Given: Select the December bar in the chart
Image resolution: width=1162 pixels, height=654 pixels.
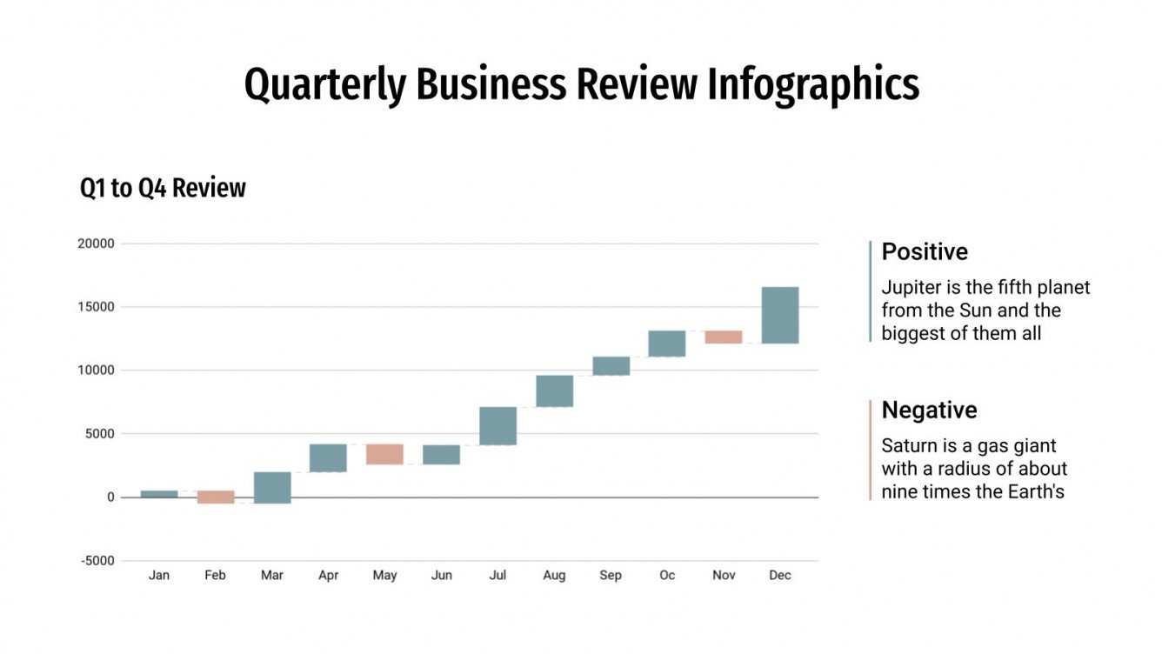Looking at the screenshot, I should (780, 315).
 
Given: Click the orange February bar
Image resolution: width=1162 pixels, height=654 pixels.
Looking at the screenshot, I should (216, 497).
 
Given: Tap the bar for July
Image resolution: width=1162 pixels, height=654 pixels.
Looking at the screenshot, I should (498, 426).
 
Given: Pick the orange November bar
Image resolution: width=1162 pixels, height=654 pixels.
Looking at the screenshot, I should (724, 337).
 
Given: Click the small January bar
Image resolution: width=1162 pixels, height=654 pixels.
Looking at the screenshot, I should (159, 494).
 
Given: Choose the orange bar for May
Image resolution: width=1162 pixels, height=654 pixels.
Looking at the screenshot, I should (384, 454).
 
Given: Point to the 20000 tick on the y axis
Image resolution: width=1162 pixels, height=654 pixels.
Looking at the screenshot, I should (97, 244).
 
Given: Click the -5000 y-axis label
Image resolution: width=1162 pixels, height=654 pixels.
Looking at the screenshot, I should (97, 561).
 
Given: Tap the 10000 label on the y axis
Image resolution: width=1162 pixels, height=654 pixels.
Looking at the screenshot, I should (97, 370).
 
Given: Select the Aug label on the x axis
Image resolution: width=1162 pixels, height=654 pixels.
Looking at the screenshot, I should (554, 576).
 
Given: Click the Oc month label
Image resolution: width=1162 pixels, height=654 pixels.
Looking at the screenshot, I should (667, 576).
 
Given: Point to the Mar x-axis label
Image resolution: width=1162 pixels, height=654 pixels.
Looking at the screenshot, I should (271, 576).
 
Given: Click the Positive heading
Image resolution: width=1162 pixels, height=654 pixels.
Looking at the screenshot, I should (925, 252).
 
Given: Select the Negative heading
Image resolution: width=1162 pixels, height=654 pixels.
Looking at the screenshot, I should (929, 410).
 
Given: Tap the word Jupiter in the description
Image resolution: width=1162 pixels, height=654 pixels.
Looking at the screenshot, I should (910, 288).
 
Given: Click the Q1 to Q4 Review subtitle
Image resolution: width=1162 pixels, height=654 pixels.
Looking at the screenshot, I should (163, 188).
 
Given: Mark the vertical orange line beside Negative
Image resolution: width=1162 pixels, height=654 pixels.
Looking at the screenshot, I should (870, 450).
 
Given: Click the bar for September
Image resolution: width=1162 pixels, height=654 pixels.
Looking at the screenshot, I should (611, 366).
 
